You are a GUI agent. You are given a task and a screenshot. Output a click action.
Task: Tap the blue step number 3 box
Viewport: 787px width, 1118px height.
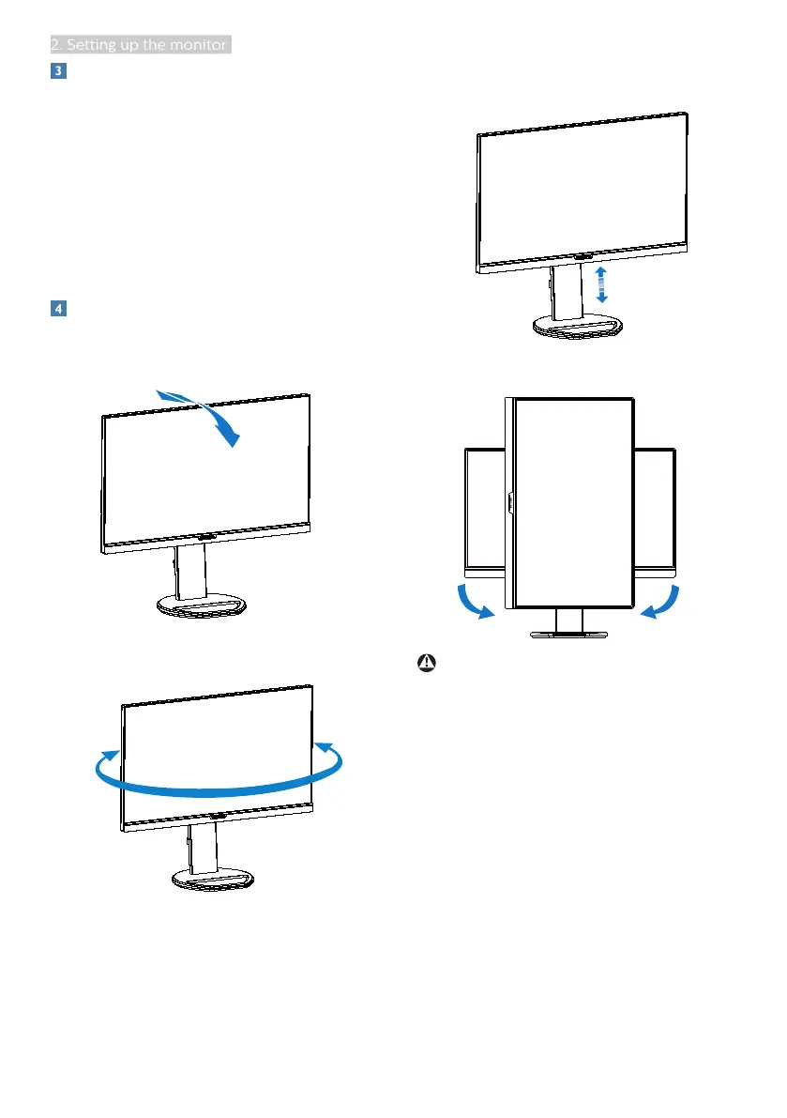tap(57, 71)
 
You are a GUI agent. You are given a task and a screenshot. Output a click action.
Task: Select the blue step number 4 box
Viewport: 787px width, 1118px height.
tap(57, 308)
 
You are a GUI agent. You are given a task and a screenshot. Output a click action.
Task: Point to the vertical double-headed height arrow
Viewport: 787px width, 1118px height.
tap(601, 283)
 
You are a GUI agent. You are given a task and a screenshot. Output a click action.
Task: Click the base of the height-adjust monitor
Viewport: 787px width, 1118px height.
tap(578, 328)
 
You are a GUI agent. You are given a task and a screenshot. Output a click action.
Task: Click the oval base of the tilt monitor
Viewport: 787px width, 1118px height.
tap(202, 605)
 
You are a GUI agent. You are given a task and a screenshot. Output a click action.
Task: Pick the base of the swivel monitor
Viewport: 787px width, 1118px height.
tap(217, 879)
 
